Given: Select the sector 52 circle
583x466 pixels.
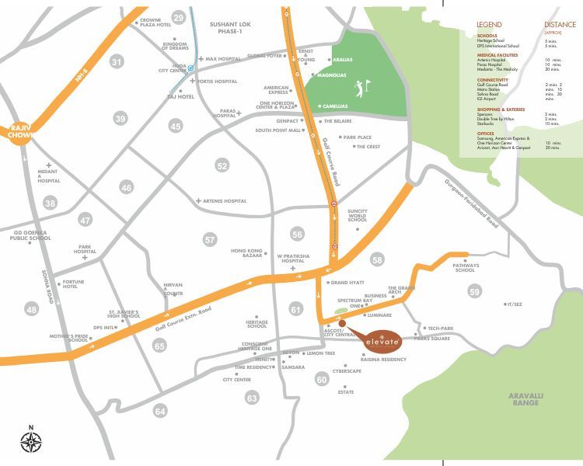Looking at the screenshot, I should click(x=222, y=165).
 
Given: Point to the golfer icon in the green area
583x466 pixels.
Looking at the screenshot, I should click(x=358, y=85).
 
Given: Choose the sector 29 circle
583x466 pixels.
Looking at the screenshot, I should click(x=180, y=18).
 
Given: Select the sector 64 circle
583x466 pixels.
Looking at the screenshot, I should click(x=161, y=411).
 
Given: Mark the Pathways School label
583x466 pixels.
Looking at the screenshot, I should click(x=464, y=268).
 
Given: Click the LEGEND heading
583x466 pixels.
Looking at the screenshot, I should click(x=489, y=25).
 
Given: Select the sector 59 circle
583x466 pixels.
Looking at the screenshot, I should click(x=475, y=291).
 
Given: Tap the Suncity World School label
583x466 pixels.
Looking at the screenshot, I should click(x=357, y=215).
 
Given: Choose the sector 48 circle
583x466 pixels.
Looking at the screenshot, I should click(x=31, y=310).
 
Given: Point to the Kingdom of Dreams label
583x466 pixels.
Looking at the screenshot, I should click(x=180, y=47).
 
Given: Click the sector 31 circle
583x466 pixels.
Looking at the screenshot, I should click(x=117, y=61).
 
